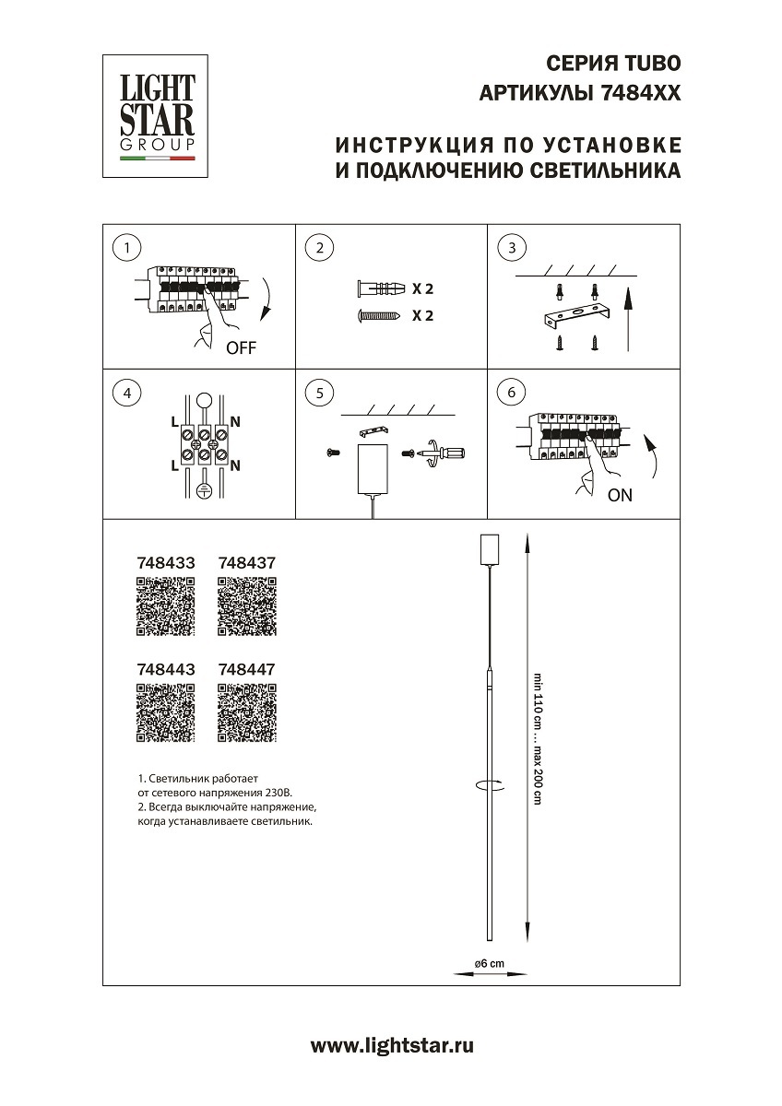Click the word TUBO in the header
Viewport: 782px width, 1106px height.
[x=654, y=64]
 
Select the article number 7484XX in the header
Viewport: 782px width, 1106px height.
[x=640, y=93]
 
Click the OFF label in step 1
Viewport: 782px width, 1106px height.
[x=241, y=348]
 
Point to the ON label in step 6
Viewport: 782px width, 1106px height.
[x=621, y=495]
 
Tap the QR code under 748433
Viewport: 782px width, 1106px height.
[x=165, y=606]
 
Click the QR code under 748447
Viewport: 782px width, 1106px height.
[x=246, y=713]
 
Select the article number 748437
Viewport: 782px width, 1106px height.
[x=246, y=561]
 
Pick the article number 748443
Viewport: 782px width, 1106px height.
[x=165, y=670]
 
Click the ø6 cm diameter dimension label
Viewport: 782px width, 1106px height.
[x=489, y=963]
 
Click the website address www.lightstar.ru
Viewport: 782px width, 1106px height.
[x=392, y=1045]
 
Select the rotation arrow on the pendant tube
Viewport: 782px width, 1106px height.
[x=489, y=786]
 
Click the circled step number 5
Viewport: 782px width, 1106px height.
[x=318, y=393]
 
